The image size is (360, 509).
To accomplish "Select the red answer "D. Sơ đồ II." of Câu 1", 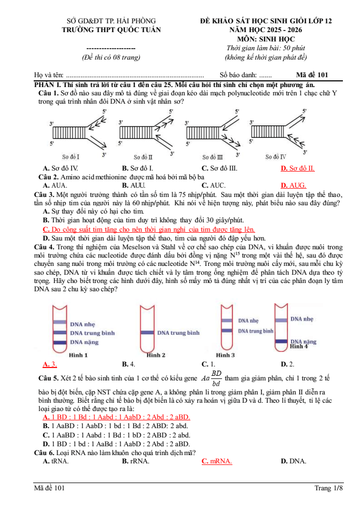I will (297, 168).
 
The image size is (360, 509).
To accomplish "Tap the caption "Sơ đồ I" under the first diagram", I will (71, 156).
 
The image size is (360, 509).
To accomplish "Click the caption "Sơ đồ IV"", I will (276, 156).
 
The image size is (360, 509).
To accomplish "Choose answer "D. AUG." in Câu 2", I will (293, 185).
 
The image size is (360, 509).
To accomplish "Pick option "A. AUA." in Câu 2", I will (55, 185).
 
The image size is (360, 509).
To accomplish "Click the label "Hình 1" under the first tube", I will (78, 355).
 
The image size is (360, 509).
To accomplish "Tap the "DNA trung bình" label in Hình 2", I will (178, 332).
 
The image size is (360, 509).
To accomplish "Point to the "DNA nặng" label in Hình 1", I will (85, 342).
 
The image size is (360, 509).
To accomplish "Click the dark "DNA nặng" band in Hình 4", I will (281, 341).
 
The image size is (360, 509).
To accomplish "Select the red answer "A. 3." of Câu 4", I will (50, 364).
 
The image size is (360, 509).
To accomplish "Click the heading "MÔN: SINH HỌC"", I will (266, 38).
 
